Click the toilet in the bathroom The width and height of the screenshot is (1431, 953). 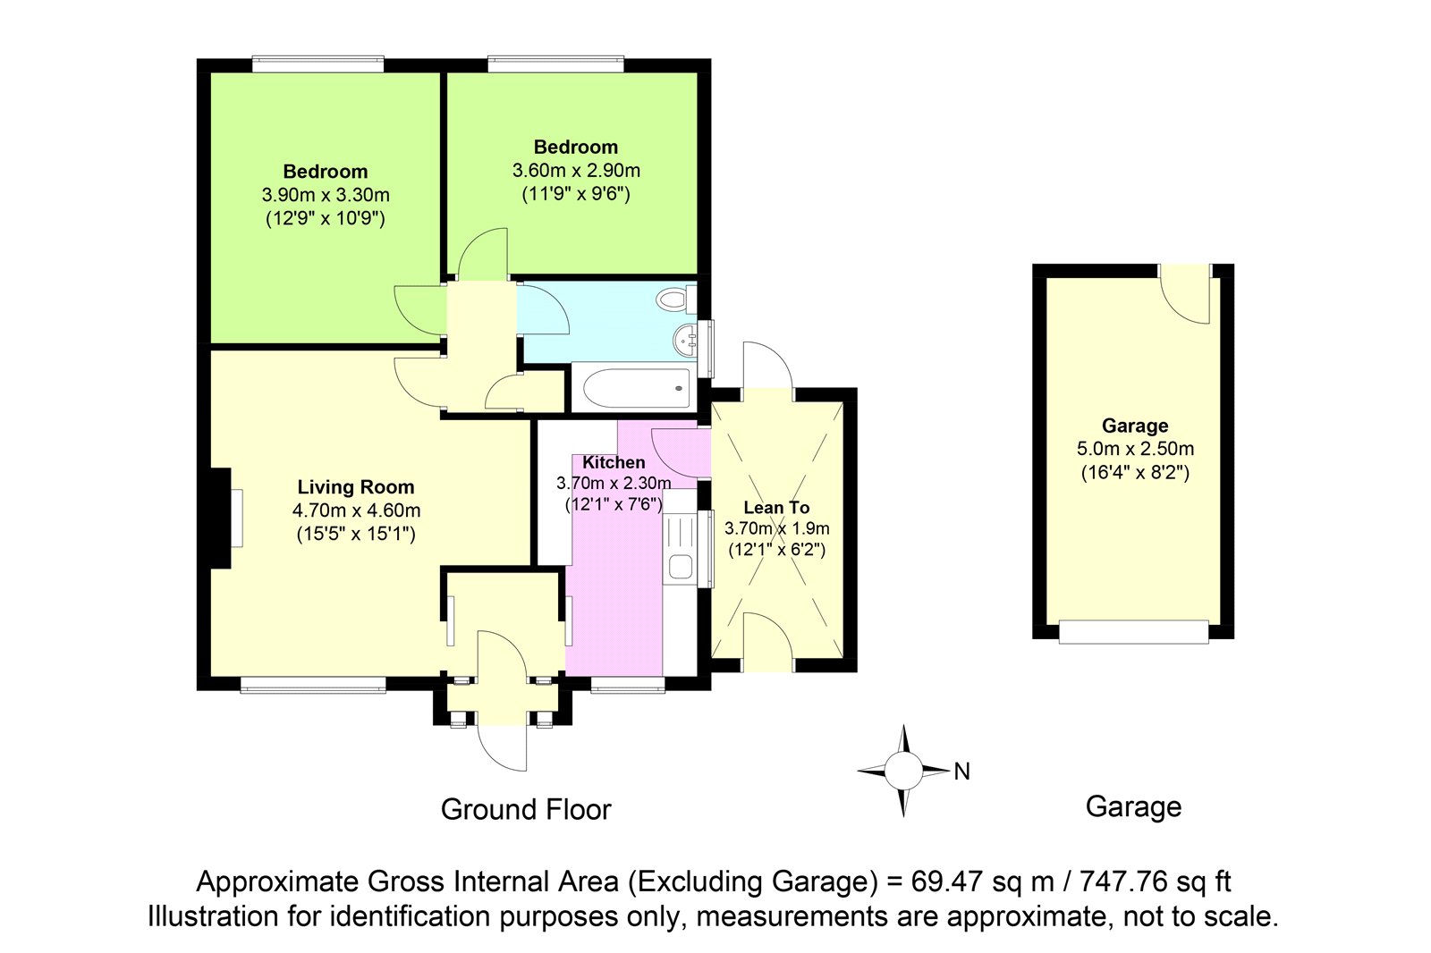tap(676, 299)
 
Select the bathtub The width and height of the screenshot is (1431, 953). tap(636, 388)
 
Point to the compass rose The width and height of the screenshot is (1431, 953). tap(903, 771)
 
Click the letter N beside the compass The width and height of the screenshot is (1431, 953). tap(962, 772)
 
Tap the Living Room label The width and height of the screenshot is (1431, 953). tap(356, 486)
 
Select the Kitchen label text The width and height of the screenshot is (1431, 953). tap(614, 462)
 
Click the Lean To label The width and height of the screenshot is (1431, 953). tap(776, 507)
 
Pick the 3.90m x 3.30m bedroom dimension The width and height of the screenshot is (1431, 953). tap(326, 195)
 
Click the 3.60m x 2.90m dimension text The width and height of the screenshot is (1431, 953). tap(576, 171)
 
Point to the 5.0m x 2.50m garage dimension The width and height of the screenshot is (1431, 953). tap(1135, 449)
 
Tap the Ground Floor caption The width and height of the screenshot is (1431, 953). tap(526, 809)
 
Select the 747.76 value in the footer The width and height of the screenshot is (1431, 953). tap(1122, 881)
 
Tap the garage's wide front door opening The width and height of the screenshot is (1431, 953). tap(1134, 632)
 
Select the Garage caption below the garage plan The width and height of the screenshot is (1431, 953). tap(1133, 807)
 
